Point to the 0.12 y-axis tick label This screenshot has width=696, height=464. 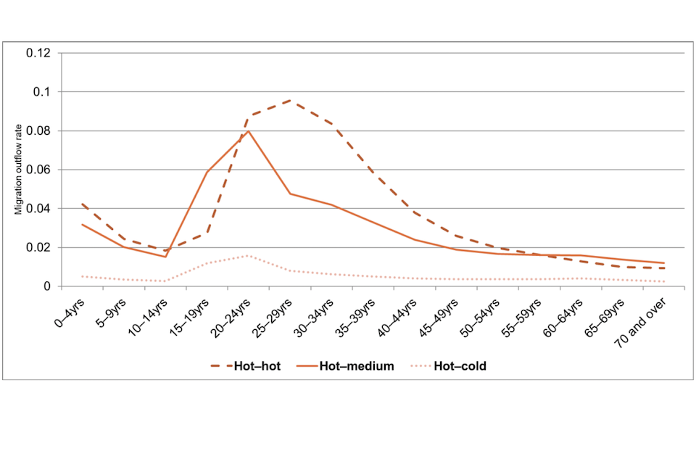click(38, 54)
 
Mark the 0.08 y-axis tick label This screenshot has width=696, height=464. click(38, 131)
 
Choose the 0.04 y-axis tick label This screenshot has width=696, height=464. click(38, 209)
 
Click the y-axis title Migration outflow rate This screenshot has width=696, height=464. click(20, 170)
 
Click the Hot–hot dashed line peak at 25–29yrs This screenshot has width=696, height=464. click(291, 100)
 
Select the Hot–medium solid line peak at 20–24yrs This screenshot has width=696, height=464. click(249, 131)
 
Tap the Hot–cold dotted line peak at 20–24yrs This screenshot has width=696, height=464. click(249, 255)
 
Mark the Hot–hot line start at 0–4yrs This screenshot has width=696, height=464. click(83, 204)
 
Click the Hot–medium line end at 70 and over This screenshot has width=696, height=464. click(663, 263)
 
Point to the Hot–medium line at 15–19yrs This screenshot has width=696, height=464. click(207, 172)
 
